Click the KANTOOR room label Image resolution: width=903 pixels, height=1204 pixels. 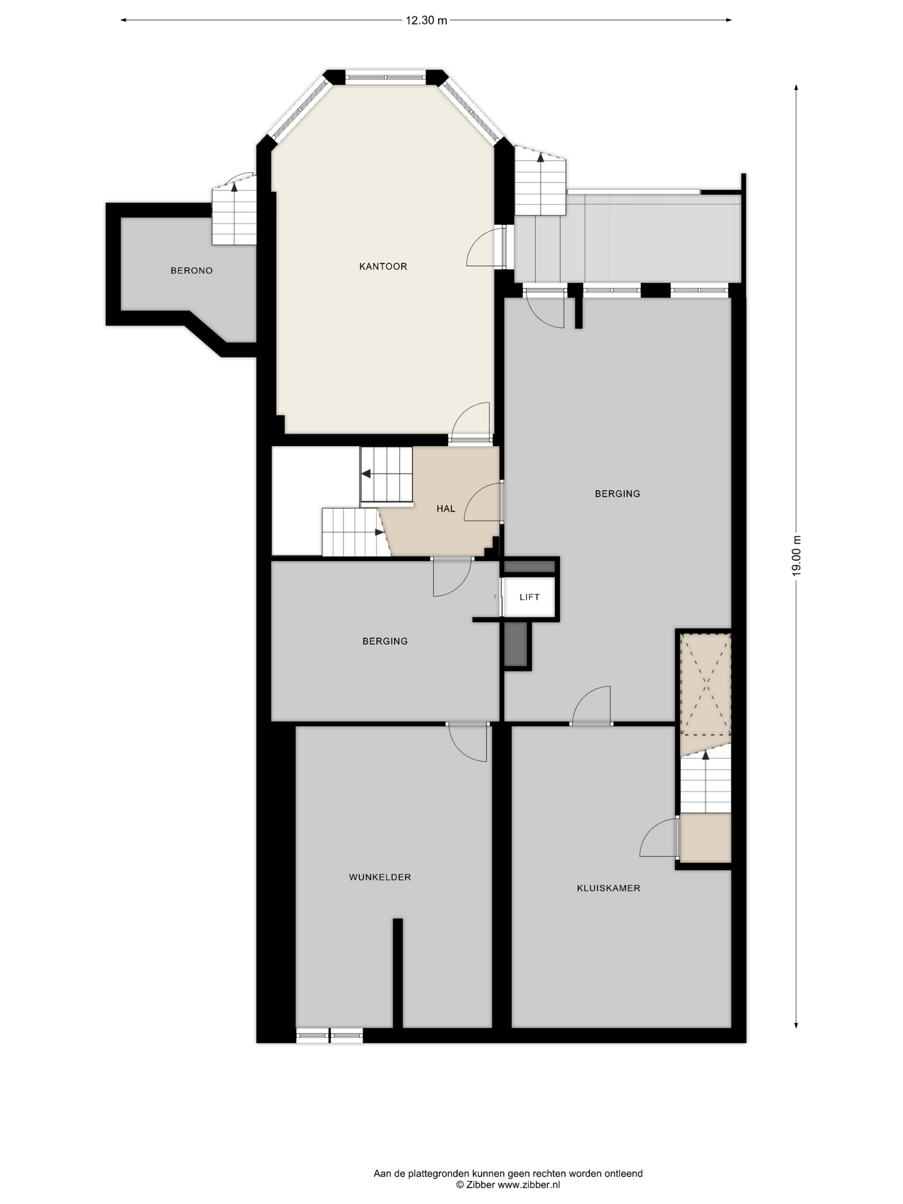(x=383, y=266)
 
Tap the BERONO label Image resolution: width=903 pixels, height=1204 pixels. (x=192, y=270)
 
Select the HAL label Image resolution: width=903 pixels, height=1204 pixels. (x=445, y=508)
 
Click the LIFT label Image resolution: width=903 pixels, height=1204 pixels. (x=529, y=597)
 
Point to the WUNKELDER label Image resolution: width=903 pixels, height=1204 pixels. (x=380, y=877)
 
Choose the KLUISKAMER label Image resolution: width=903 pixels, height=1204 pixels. (x=608, y=888)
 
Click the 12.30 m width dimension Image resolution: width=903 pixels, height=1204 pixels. (x=426, y=21)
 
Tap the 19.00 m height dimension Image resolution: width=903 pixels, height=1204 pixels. (x=796, y=556)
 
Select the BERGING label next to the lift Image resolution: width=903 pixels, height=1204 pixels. (x=385, y=641)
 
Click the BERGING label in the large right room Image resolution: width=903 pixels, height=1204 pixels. (x=617, y=494)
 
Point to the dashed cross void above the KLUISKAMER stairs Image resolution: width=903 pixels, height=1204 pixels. (x=706, y=684)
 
